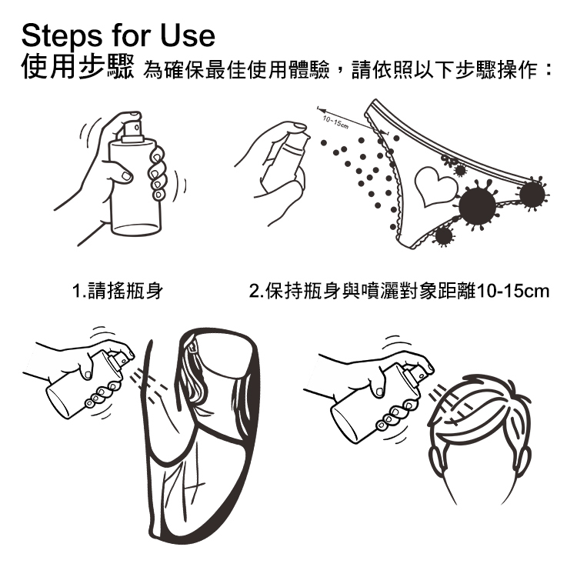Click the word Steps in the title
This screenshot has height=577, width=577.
pos(62,36)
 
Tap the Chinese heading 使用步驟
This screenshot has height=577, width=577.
pos(78,67)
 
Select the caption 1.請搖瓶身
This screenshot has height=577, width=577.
pos(118,291)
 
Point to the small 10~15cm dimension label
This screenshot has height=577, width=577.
pos(335,122)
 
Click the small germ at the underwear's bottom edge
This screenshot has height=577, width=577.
pos(444,236)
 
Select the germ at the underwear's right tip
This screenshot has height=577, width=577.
pos(532,194)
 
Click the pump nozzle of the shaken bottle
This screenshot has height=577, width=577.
pos(132,127)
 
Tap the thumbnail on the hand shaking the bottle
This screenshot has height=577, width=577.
pos(127,176)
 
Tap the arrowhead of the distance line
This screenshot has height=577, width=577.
pos(322,110)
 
